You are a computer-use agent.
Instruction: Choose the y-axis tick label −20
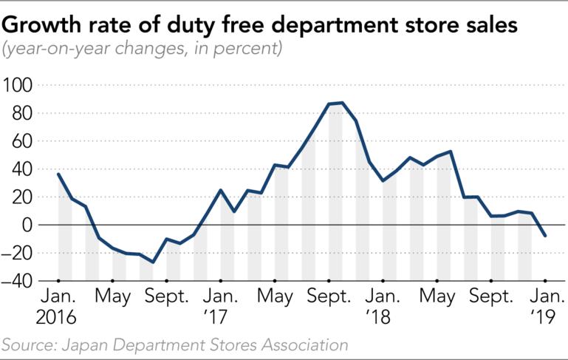(x=18, y=253)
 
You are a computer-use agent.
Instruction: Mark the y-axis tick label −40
(x=18, y=281)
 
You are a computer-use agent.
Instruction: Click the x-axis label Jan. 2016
(x=58, y=307)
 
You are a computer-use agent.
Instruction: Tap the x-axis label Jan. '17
(x=220, y=307)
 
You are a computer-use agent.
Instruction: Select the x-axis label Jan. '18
(x=383, y=307)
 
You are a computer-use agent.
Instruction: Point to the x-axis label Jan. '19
(x=544, y=307)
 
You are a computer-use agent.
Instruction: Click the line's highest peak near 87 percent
(x=342, y=103)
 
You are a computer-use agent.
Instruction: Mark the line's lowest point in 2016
(x=153, y=262)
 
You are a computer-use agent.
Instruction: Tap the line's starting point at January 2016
(x=58, y=174)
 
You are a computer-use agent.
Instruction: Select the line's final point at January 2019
(x=544, y=236)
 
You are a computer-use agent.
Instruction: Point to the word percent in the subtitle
(x=253, y=51)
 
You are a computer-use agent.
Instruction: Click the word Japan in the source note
(x=100, y=344)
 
